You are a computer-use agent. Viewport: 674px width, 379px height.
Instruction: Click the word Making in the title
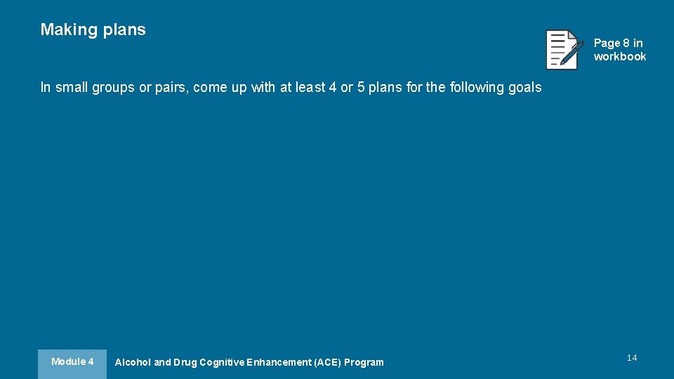point(69,29)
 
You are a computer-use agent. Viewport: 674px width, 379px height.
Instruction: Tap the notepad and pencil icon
point(564,49)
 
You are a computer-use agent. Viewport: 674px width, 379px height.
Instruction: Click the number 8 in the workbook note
point(626,44)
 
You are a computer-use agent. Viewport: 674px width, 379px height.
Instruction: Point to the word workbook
point(620,57)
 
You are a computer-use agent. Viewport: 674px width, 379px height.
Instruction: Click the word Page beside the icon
point(607,44)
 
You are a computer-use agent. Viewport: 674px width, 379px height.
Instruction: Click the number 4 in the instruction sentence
point(333,88)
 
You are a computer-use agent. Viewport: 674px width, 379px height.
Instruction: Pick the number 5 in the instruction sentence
point(362,88)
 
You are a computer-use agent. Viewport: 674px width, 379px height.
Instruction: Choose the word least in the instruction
point(310,88)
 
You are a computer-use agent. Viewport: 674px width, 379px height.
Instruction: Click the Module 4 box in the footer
point(72,362)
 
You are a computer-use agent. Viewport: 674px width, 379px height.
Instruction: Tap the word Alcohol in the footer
point(133,363)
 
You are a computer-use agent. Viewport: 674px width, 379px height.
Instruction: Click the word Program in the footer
point(364,363)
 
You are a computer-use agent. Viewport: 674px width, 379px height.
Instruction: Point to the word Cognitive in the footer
point(223,363)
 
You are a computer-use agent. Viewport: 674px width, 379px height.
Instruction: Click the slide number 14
point(632,358)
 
